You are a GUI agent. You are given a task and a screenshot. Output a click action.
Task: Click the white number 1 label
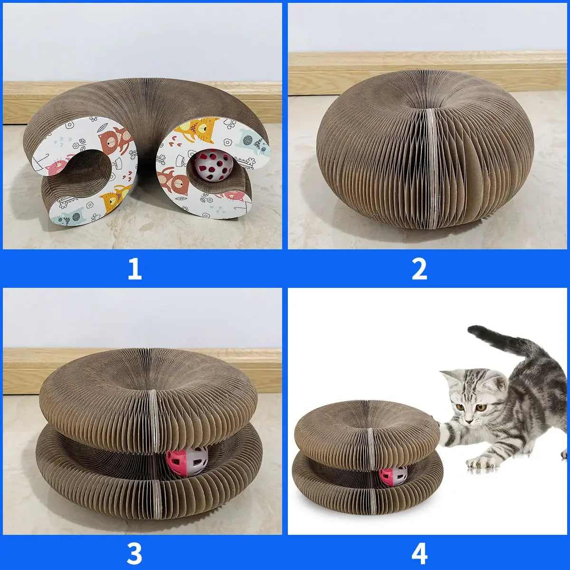pos(134,269)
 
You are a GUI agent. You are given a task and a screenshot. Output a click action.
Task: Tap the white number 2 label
pos(419,269)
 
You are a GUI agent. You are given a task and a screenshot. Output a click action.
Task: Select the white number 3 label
pos(134,553)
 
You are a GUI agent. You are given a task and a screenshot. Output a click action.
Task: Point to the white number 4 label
pos(419,553)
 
